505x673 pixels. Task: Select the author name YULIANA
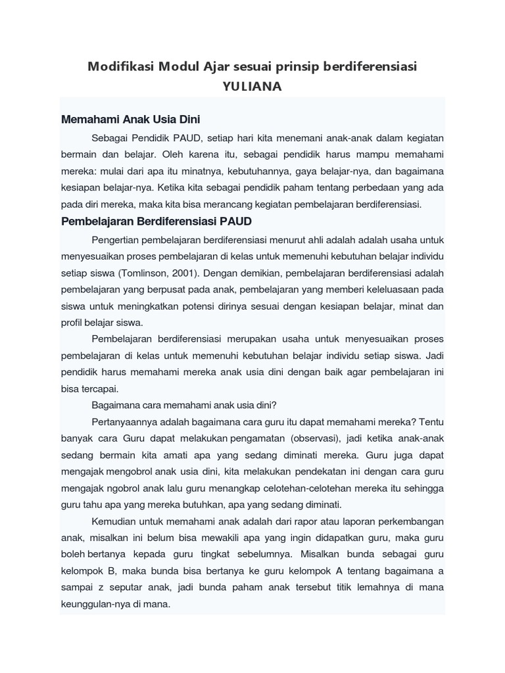(x=252, y=87)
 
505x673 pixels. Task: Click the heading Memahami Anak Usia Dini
(x=130, y=120)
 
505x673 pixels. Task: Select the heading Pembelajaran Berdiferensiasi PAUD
(x=156, y=221)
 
